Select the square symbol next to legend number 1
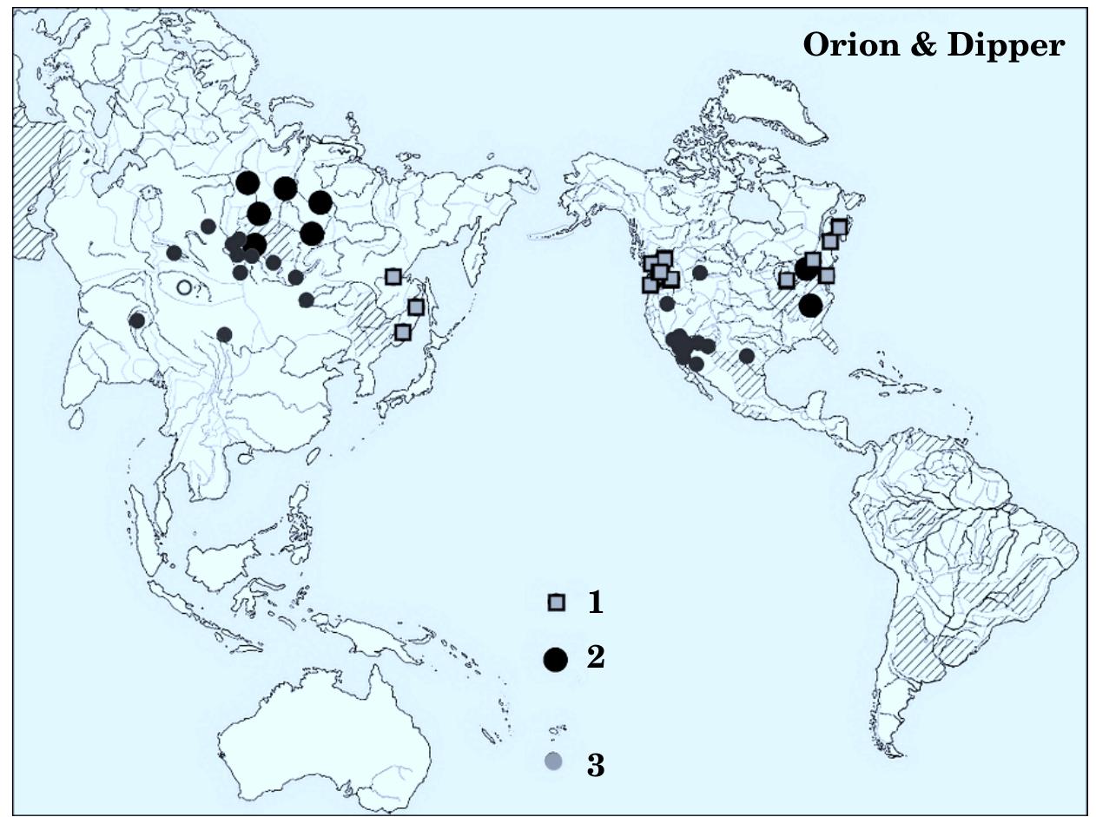click(556, 603)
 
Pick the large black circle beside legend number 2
click(555, 660)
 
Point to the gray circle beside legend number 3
click(553, 761)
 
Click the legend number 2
click(596, 657)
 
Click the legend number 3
click(596, 766)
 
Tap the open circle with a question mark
click(183, 287)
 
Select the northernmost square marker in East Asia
click(393, 277)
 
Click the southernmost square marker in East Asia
click(402, 332)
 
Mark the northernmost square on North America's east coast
click(839, 227)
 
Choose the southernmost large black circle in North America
click(810, 306)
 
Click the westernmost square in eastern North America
click(786, 280)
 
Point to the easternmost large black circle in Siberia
click(320, 202)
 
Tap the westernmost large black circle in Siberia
click(248, 182)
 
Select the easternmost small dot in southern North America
click(746, 355)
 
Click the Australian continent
click(330, 738)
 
